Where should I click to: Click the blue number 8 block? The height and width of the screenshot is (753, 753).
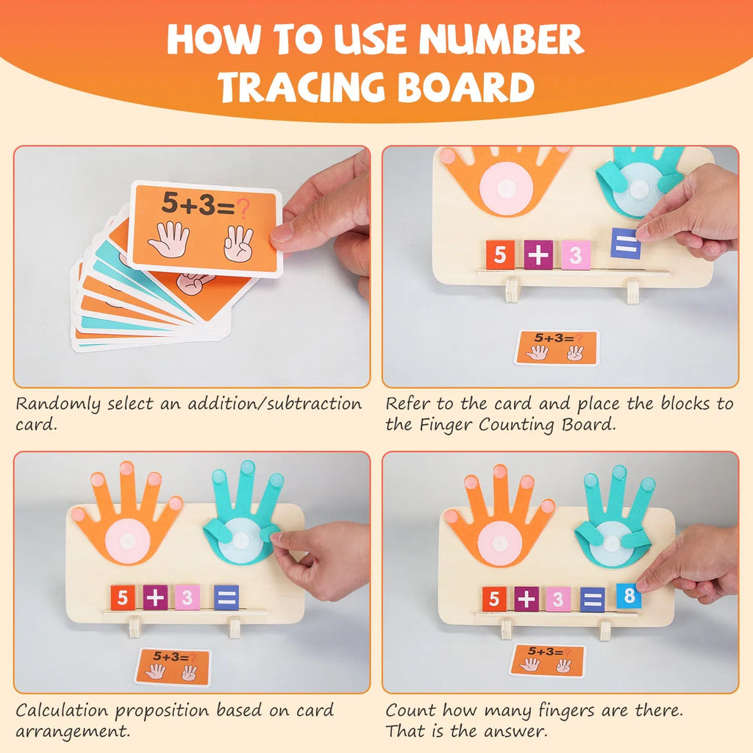tap(629, 596)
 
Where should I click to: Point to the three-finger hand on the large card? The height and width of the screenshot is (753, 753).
tap(239, 243)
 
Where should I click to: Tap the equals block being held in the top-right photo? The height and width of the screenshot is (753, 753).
tap(625, 243)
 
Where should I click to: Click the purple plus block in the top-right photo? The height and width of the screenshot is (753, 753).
tap(538, 254)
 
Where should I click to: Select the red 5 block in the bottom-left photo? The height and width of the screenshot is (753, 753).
tap(123, 597)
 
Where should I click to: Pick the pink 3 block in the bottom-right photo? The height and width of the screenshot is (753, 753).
tap(558, 599)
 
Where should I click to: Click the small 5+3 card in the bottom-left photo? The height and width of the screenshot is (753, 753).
tap(173, 666)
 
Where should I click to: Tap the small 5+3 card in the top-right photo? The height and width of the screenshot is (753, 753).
tap(557, 348)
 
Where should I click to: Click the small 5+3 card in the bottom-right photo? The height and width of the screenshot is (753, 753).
tap(547, 661)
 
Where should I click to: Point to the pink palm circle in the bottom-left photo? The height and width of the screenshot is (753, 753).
tap(128, 541)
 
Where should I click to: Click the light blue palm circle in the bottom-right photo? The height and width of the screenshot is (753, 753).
tap(611, 543)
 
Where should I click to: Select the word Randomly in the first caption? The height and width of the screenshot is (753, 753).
tap(58, 404)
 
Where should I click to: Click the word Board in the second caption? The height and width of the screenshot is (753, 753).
tap(589, 424)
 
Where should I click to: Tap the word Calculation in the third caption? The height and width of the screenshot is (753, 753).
tap(63, 710)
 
